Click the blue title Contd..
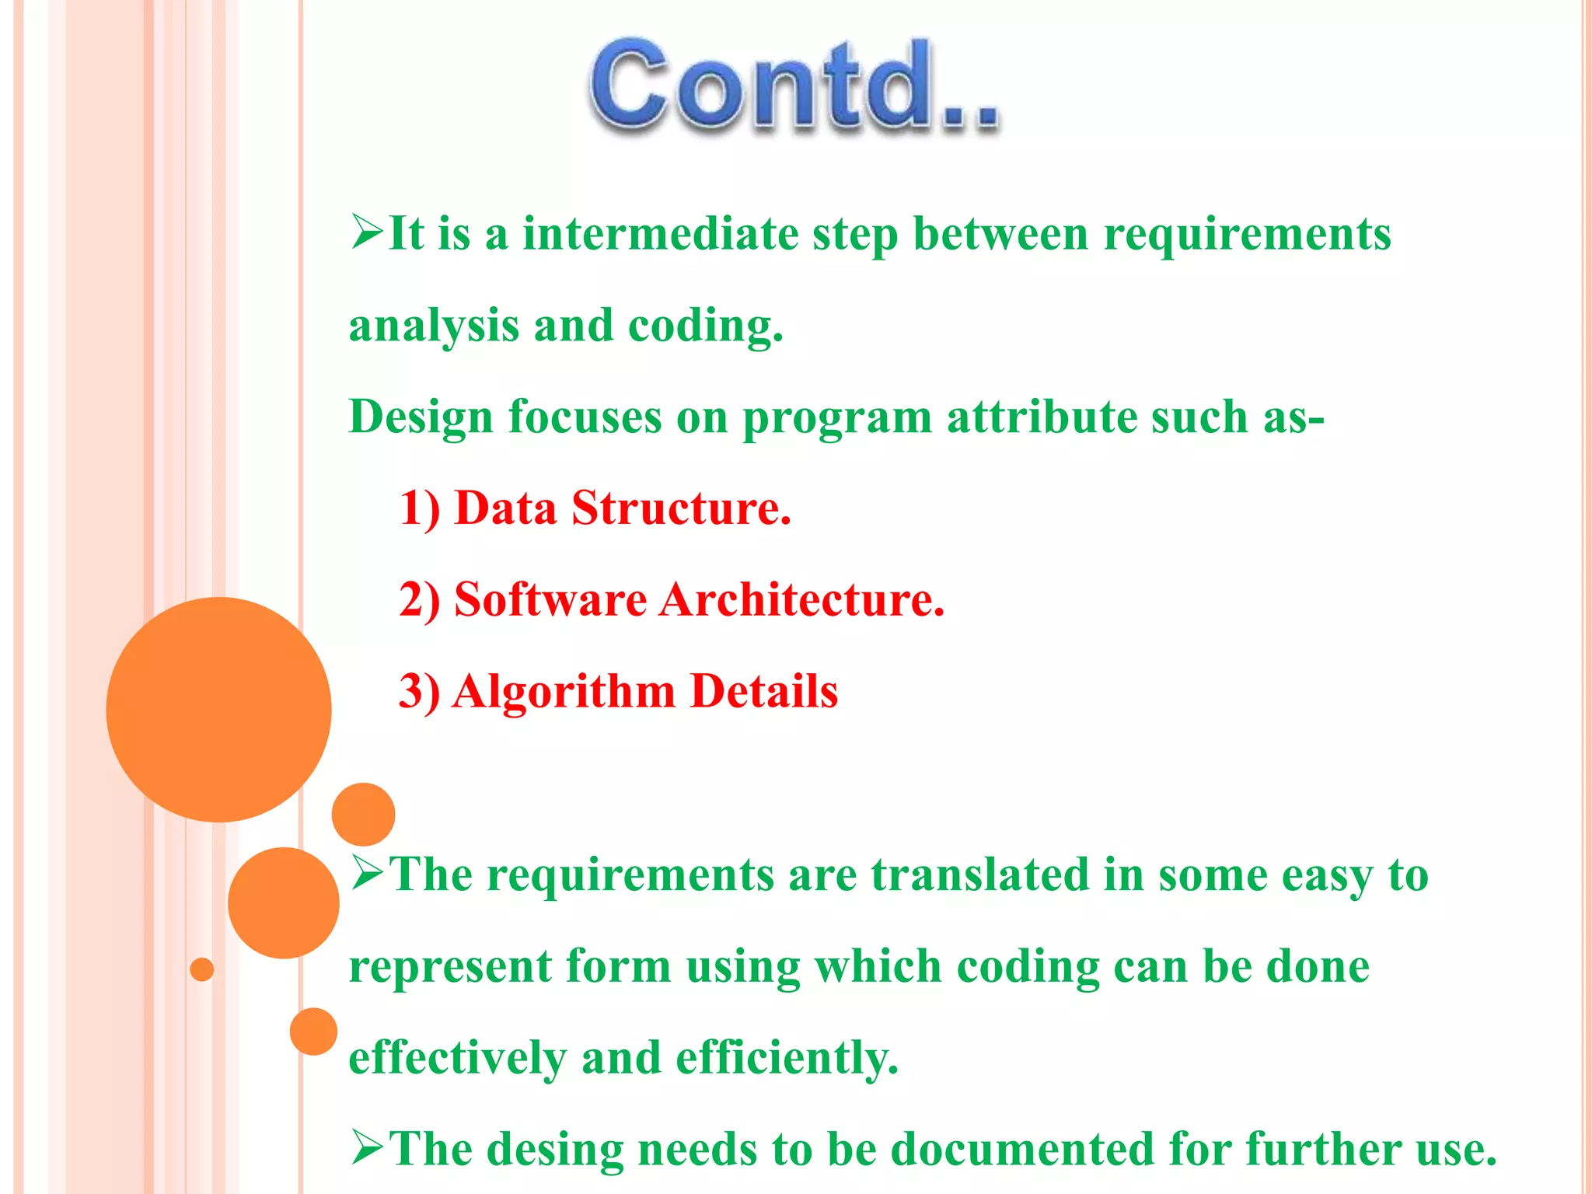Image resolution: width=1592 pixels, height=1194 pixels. pos(793,86)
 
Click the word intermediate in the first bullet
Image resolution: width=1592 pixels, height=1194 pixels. pos(660,234)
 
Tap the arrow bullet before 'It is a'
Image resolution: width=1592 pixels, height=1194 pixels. pos(367,232)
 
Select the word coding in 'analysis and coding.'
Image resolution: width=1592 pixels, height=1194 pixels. pos(704,326)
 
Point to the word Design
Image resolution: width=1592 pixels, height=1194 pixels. pos(421,417)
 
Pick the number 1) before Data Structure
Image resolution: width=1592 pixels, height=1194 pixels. pos(420,509)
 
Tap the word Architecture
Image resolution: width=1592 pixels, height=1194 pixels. pos(801,600)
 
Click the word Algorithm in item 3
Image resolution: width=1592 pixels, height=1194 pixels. pos(564,692)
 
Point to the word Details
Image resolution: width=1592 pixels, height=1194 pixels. pos(764,692)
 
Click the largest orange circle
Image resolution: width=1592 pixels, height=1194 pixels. pos(218,709)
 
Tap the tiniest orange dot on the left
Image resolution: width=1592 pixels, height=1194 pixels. pos(202,969)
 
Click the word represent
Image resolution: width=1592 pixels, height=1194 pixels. pos(450,968)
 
